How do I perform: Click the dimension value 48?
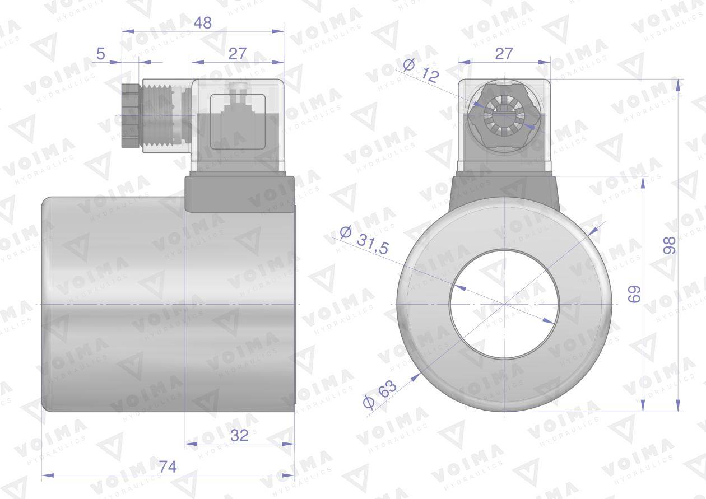coord(202,22)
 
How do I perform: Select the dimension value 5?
coord(101,54)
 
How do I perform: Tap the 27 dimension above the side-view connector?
coord(238,54)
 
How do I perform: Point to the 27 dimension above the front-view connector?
coord(504,54)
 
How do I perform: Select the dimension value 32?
coord(239,435)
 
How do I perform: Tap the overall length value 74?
coord(166,467)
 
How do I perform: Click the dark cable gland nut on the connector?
coord(129,116)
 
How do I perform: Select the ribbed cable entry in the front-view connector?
coord(504,116)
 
